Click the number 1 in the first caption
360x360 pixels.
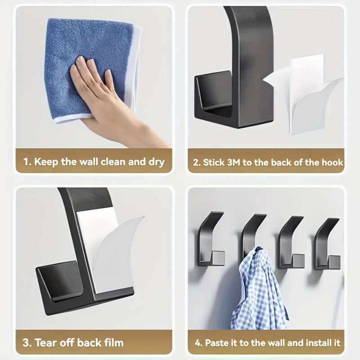(x=26, y=162)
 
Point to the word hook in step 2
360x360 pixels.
(x=333, y=162)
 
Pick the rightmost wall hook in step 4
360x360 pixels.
(x=327, y=243)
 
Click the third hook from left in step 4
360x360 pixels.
(x=290, y=243)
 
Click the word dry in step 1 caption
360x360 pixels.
(x=156, y=162)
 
